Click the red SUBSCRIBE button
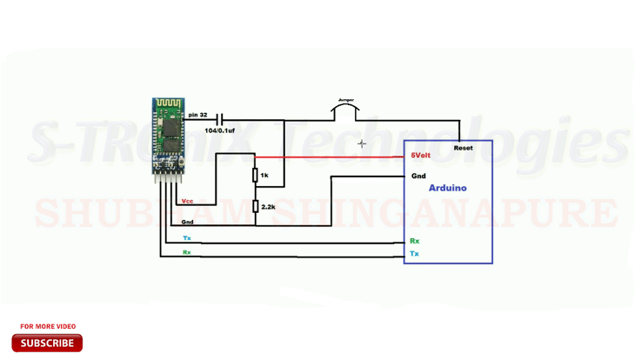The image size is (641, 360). click(x=47, y=343)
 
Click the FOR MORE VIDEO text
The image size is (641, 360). click(x=48, y=326)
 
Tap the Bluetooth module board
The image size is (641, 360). click(x=169, y=135)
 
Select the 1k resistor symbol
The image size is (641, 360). click(x=255, y=176)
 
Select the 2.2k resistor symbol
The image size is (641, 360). click(x=255, y=207)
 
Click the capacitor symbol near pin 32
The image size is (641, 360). click(x=220, y=119)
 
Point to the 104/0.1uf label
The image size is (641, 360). click(x=219, y=130)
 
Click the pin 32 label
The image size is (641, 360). click(x=197, y=115)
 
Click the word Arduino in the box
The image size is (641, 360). click(x=448, y=188)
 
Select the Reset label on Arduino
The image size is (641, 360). click(x=464, y=148)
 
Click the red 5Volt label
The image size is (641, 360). click(x=420, y=156)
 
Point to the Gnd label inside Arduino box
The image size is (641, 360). click(x=418, y=176)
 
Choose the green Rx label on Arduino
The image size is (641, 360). click(x=414, y=241)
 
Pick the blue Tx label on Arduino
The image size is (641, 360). click(x=414, y=254)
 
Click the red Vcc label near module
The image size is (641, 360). click(x=187, y=201)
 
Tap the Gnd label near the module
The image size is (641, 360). click(x=187, y=222)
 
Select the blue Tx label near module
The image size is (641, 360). click(x=186, y=237)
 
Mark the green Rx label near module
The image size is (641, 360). click(x=186, y=252)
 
